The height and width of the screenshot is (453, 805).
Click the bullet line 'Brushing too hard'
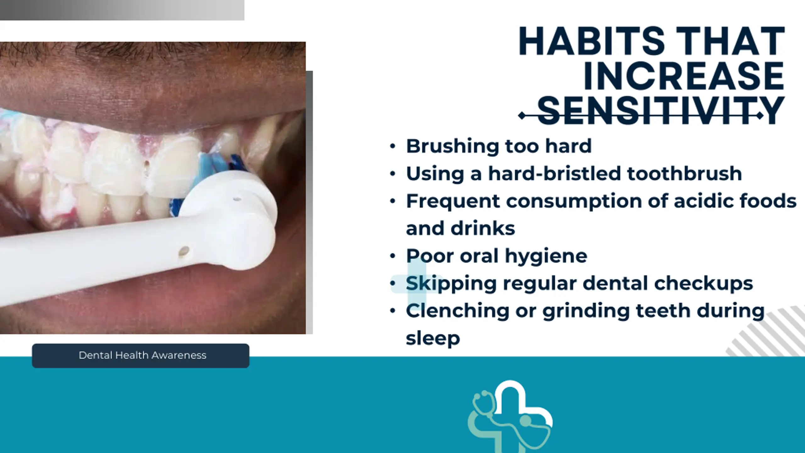pyautogui.click(x=499, y=147)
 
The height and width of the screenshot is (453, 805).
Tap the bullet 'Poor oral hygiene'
pyautogui.click(x=497, y=256)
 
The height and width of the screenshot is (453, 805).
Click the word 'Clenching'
pyautogui.click(x=458, y=311)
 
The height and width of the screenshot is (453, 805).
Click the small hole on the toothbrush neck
pyautogui.click(x=184, y=251)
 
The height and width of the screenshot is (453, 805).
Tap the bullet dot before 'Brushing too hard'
pyautogui.click(x=392, y=147)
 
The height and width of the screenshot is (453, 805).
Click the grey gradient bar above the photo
pyautogui.click(x=122, y=10)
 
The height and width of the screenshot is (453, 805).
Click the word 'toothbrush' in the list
pyautogui.click(x=685, y=174)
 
